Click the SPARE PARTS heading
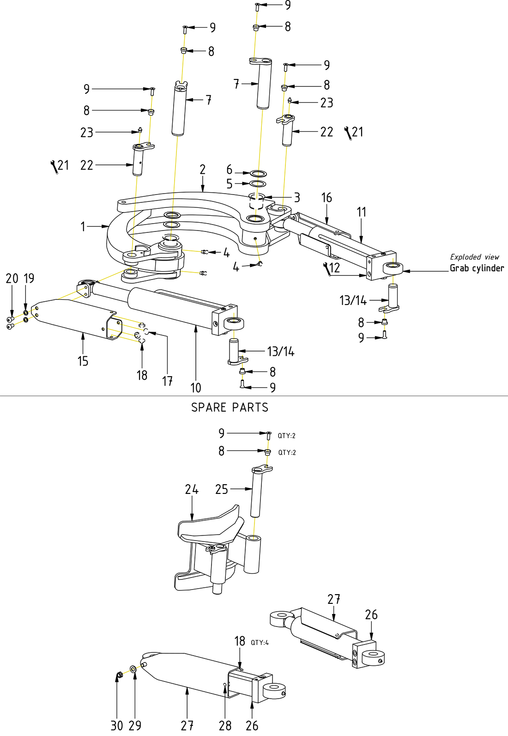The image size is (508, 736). tap(230, 408)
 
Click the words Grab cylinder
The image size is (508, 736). tap(477, 268)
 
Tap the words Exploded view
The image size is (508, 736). tap(474, 257)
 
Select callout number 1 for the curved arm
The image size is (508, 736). tap(83, 226)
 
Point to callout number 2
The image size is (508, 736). tap(202, 170)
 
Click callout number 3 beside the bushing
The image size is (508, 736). tap(297, 198)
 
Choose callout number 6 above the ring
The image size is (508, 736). tap(230, 170)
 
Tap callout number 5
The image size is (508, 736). tap(230, 184)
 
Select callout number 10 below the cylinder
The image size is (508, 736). tap(196, 388)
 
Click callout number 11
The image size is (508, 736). tap(361, 212)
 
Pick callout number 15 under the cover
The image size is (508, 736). tap(83, 361)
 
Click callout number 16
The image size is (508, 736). tap(327, 198)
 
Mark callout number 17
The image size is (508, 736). tap(167, 381)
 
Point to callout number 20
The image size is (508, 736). tap(12, 278)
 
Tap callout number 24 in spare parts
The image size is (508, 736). tap(192, 489)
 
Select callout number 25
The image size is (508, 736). tap(222, 489)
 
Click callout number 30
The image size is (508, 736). tap(117, 725)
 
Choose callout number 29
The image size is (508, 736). tap(135, 725)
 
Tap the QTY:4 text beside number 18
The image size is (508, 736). tap(260, 643)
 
